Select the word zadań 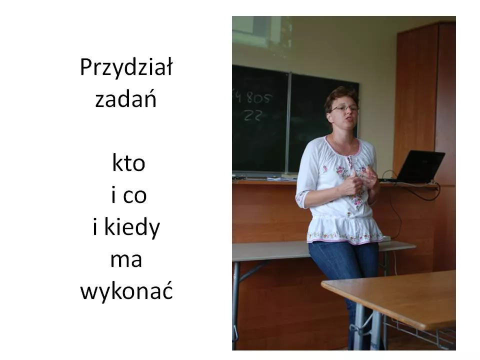pyautogui.click(x=126, y=99)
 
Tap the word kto pyautogui.click(x=128, y=163)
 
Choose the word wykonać pyautogui.click(x=126, y=292)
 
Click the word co pyautogui.click(x=135, y=196)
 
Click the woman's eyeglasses pyautogui.click(x=344, y=108)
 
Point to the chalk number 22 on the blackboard pyautogui.click(x=253, y=115)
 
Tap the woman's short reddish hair pyautogui.click(x=340, y=95)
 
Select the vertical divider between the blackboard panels pyautogui.click(x=288, y=122)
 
